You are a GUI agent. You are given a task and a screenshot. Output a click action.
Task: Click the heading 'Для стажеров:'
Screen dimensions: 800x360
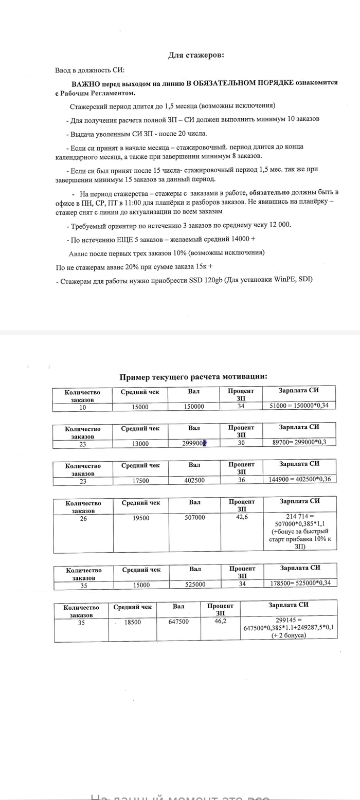point(196,56)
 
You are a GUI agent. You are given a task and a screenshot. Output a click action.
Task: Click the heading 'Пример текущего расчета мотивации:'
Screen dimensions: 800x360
point(193,377)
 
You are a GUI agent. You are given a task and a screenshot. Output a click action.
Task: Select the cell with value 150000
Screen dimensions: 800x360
point(194,407)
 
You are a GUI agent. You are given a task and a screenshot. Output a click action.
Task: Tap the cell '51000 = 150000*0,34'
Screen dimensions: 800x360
point(299,406)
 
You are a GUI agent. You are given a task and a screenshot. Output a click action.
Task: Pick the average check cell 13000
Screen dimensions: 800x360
point(140,444)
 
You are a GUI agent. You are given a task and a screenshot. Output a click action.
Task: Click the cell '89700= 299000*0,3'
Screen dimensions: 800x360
point(299,443)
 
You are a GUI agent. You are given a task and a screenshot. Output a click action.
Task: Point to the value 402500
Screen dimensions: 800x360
point(194,480)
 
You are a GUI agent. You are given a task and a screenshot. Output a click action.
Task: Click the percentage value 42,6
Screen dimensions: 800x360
point(242,517)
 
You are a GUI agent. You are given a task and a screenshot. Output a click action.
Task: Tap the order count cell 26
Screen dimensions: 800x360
point(83,518)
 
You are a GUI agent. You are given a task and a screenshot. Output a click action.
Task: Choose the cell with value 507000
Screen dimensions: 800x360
point(194,518)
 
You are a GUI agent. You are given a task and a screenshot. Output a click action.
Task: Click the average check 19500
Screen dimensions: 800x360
point(141,518)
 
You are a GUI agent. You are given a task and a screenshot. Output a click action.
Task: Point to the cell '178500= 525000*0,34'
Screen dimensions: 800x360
point(300,584)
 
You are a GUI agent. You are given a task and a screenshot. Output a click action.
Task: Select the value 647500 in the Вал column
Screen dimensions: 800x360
point(178,622)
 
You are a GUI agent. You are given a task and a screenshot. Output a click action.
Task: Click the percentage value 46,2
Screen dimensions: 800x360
point(220,621)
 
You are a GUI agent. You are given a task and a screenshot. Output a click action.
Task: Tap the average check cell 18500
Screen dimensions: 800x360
point(133,622)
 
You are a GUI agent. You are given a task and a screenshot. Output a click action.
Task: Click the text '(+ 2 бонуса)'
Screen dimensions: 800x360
point(289,636)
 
